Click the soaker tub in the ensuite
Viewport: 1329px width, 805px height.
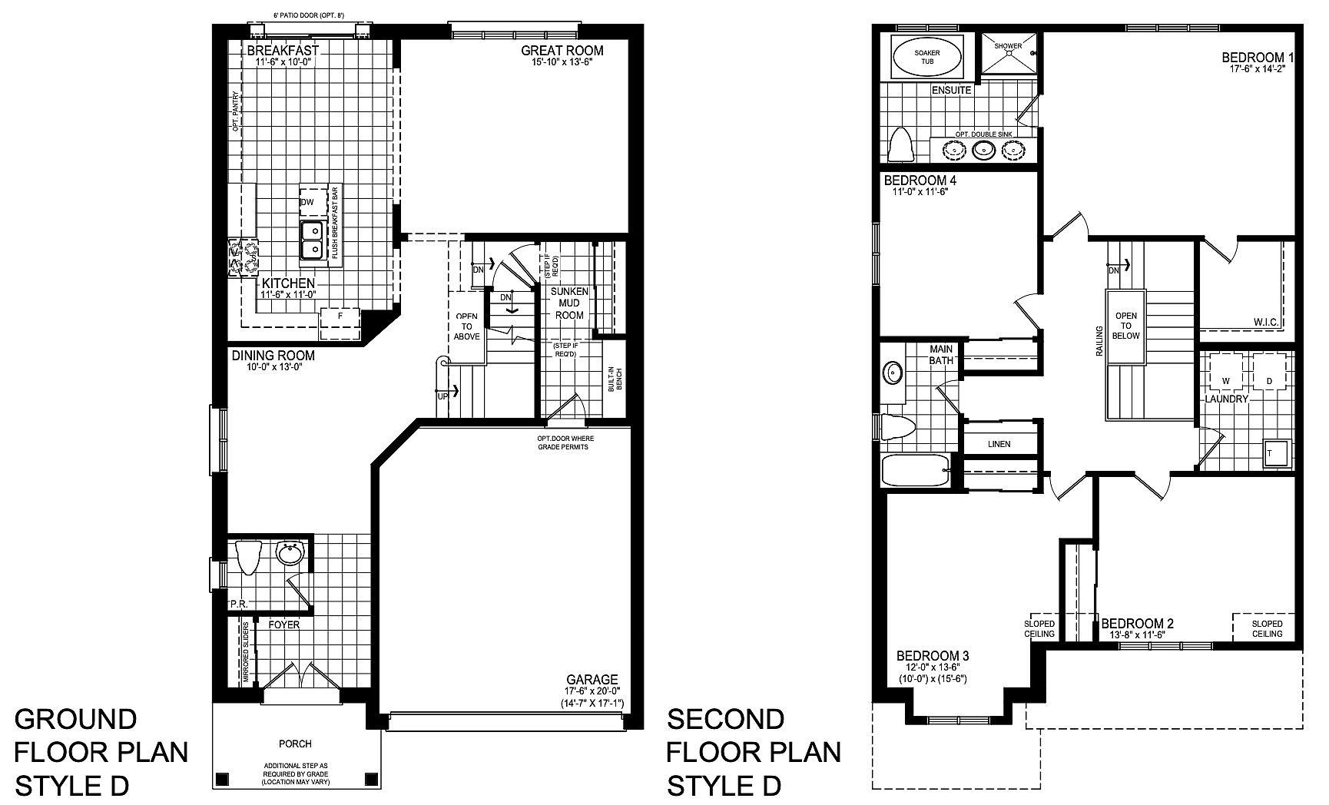coord(927,56)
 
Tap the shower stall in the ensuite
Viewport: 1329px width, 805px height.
coord(1009,55)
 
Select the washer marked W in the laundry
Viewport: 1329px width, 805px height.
coord(1226,372)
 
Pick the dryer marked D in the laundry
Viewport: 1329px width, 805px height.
coord(1269,372)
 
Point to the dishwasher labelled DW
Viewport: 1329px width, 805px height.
coord(307,202)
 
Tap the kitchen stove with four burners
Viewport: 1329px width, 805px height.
coord(244,257)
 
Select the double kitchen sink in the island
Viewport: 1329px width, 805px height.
coord(312,240)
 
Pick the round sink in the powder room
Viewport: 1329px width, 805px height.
coord(290,553)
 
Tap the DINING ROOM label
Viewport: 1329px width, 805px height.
coord(273,356)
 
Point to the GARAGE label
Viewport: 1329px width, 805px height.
coord(592,680)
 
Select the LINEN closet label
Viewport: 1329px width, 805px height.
coord(999,444)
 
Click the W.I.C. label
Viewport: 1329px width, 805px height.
coord(1266,322)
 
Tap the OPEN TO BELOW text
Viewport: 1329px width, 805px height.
coord(1126,326)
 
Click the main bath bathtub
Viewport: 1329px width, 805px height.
coord(916,470)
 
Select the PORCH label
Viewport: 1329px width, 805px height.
coord(296,744)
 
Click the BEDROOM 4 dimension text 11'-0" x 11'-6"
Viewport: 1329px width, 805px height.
coord(920,193)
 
